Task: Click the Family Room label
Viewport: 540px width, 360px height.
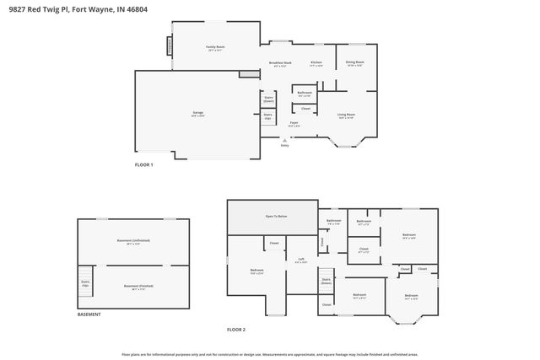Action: coord(215,48)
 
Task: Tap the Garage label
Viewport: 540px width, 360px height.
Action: coord(198,113)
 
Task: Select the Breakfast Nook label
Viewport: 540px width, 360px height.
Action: coord(280,63)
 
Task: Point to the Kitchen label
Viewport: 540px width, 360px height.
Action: coord(316,62)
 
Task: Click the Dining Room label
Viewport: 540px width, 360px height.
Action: coord(355,62)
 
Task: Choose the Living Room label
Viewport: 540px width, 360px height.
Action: coord(347,116)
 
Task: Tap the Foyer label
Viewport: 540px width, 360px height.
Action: coord(294,124)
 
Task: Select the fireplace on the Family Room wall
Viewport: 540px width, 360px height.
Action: coord(170,53)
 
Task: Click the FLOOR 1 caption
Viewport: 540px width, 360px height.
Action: coord(144,164)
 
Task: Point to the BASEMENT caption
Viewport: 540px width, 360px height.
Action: coord(89,314)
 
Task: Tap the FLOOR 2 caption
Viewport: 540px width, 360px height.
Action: coord(237,329)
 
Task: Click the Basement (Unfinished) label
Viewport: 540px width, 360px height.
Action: coord(133,241)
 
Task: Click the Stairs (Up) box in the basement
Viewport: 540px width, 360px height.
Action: coord(85,283)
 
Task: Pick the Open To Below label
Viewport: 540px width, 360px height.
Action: coord(277,217)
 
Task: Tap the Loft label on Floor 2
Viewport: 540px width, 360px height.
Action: coord(301,261)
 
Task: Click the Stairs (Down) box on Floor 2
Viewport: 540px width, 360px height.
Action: coord(326,281)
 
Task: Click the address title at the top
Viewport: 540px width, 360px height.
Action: coord(68,9)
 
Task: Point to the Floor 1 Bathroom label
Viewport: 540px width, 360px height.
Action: coord(305,93)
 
